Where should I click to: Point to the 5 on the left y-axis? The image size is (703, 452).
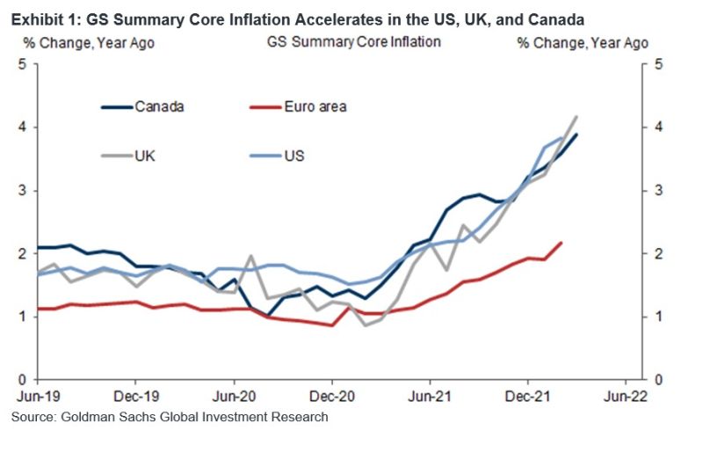point(21,64)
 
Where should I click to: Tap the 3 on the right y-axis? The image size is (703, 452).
point(657,191)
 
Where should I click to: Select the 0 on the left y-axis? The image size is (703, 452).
point(21,380)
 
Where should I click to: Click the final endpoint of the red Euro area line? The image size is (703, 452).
point(561,243)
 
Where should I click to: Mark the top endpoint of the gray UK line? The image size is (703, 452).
point(576,116)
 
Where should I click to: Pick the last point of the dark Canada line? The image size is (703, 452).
point(576,135)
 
